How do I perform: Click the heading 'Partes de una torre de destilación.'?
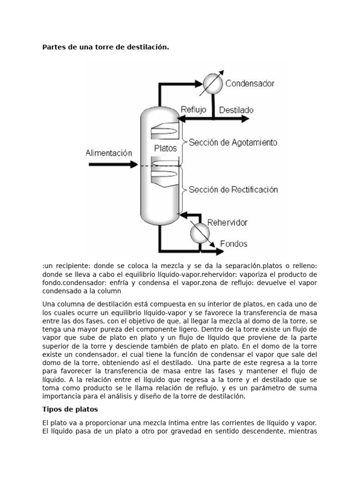[105, 47]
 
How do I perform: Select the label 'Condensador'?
[250, 84]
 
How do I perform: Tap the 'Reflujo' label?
[193, 110]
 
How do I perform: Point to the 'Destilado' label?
[237, 110]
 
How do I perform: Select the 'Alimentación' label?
[109, 153]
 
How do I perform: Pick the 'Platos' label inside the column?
[165, 148]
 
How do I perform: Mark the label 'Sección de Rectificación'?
[233, 190]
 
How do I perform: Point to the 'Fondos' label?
[234, 244]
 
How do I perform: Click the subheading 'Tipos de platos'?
[70, 409]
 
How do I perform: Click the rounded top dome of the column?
[161, 112]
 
